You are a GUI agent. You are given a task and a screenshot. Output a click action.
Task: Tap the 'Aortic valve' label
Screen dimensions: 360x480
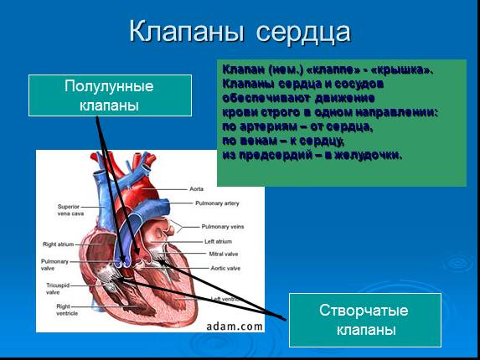coord(225,269)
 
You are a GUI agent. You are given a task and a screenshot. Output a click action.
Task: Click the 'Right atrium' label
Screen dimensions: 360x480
coord(59,244)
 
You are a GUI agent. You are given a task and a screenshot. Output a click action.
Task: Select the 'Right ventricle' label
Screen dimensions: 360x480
coord(68,310)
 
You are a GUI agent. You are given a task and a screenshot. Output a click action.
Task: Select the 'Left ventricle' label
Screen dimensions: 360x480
coord(228,299)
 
